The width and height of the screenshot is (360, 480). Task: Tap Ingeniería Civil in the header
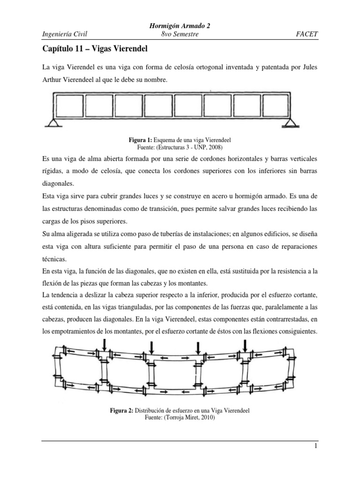65,34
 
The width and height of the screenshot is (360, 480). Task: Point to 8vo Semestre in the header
180,34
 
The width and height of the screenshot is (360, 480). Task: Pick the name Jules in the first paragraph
300,67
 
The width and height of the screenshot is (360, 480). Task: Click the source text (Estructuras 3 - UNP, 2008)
180,146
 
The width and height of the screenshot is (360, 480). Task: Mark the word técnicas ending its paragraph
53,258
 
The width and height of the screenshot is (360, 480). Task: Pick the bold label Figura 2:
121,411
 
